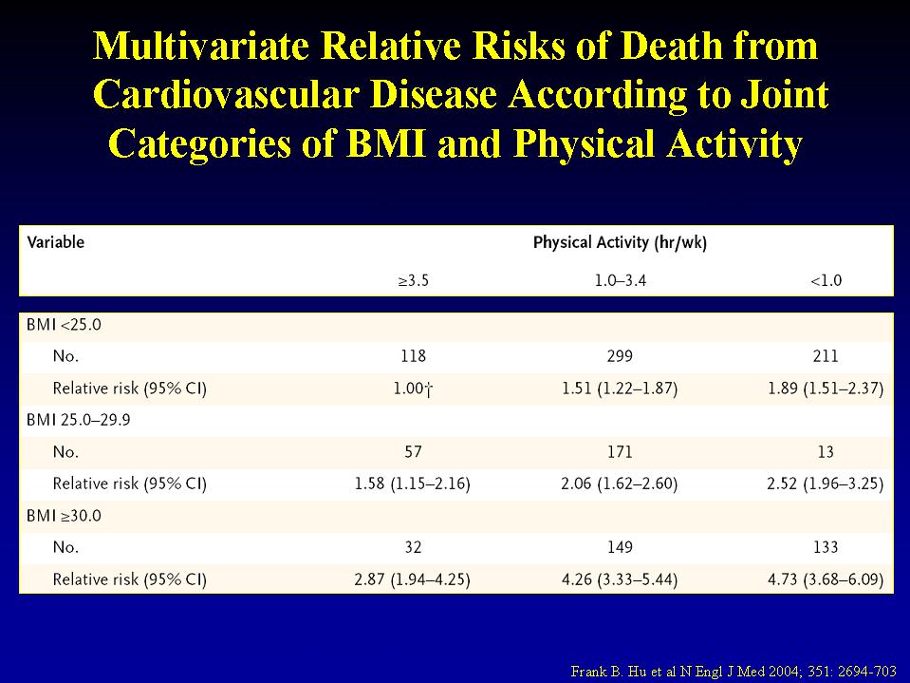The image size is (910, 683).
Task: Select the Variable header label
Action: click(x=56, y=242)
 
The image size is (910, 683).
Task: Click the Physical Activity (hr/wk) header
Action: click(x=620, y=242)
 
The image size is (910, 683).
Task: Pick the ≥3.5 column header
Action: click(x=412, y=281)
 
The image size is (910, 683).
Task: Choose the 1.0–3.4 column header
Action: click(x=619, y=281)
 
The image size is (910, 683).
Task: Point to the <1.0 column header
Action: click(x=826, y=281)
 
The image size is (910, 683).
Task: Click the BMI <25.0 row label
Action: click(x=65, y=324)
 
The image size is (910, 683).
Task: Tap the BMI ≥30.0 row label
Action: click(x=65, y=516)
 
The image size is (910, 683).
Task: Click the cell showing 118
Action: click(x=412, y=356)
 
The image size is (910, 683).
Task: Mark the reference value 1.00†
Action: click(x=412, y=389)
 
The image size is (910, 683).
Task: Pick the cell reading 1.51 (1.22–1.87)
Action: click(x=619, y=389)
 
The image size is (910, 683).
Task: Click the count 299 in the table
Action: click(x=619, y=356)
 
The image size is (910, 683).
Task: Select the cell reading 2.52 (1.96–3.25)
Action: click(x=825, y=484)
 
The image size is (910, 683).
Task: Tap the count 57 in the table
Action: click(x=412, y=452)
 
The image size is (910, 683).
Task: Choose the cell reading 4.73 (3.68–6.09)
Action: click(x=825, y=579)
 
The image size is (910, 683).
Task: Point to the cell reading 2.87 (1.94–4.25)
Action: click(x=412, y=579)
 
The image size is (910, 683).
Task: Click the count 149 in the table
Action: click(x=619, y=548)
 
